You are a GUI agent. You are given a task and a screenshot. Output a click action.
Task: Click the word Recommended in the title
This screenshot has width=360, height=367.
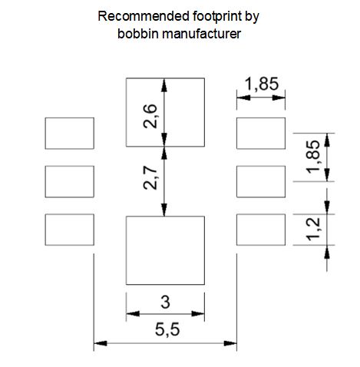(144, 16)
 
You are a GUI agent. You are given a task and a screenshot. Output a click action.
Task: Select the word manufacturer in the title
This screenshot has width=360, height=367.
(201, 34)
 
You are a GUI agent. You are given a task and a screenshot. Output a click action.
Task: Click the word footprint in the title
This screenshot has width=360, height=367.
(217, 16)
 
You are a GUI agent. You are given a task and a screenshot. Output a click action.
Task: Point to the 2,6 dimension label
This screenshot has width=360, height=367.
(150, 116)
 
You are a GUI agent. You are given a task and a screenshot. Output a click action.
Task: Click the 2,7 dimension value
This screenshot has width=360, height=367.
(150, 177)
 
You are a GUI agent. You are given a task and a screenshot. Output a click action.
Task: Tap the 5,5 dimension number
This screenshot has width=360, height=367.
(167, 329)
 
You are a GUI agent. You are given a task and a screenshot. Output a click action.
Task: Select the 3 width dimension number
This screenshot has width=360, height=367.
(165, 302)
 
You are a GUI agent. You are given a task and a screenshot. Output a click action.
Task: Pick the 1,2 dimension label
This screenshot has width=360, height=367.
(313, 229)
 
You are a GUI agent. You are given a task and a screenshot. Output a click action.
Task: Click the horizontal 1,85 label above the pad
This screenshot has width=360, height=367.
(262, 84)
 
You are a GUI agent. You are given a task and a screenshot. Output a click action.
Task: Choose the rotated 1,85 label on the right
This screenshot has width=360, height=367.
(313, 157)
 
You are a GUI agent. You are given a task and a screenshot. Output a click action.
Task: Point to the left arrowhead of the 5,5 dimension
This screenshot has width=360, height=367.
(101, 343)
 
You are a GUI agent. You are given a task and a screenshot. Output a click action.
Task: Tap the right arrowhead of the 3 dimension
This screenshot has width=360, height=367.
(198, 313)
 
